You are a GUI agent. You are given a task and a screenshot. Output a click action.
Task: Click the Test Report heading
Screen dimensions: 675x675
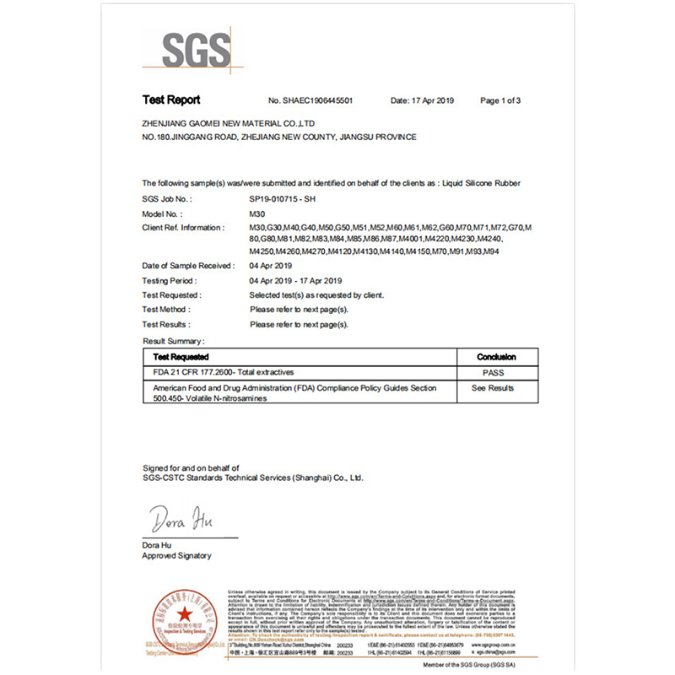(171, 100)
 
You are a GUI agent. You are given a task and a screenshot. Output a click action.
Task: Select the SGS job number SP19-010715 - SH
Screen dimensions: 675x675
(283, 199)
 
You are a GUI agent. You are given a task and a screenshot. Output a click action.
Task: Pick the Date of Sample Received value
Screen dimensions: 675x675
(276, 266)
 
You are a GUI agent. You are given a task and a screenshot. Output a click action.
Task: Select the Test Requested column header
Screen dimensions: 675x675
(184, 357)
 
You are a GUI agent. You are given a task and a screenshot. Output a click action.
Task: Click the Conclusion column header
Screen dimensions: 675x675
(496, 357)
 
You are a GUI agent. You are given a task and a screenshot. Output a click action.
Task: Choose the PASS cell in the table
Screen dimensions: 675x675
(493, 372)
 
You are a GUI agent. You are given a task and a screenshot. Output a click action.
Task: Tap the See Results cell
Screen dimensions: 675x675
(493, 388)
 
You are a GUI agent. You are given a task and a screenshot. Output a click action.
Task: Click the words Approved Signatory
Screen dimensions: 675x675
(176, 556)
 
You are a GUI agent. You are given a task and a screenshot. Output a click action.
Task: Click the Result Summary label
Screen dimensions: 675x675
(173, 341)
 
